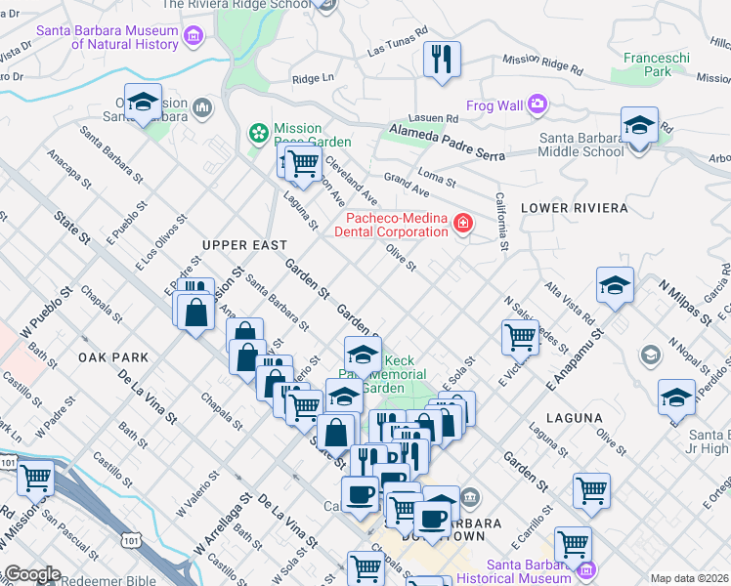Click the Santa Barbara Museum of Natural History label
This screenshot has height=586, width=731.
tap(107, 37)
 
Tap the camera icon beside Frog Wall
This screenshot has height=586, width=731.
tap(537, 104)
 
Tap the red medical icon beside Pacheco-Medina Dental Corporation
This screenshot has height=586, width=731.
tap(461, 226)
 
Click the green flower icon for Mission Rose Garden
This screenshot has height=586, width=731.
tap(258, 130)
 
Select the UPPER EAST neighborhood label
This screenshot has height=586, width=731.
tap(244, 245)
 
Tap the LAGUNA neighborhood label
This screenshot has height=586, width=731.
tap(576, 418)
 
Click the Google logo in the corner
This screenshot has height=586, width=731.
tap(33, 574)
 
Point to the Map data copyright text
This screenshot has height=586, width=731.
tap(689, 578)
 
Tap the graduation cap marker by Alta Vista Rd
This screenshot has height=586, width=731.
tap(615, 285)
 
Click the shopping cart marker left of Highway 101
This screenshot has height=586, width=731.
tap(36, 479)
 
